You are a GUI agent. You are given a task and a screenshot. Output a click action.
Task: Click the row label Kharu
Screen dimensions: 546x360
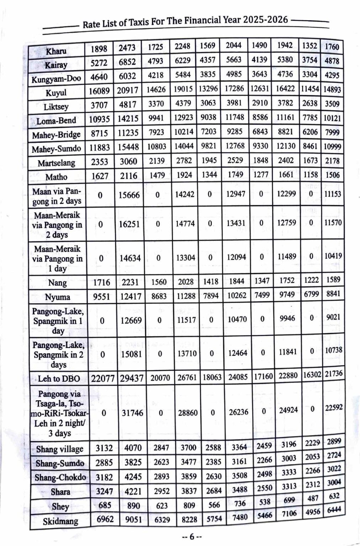pyautogui.click(x=56, y=50)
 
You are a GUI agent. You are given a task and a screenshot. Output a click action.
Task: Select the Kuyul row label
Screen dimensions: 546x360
pyautogui.click(x=56, y=93)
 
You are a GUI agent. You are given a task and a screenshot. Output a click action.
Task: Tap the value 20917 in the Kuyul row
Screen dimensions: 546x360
pyautogui.click(x=127, y=90)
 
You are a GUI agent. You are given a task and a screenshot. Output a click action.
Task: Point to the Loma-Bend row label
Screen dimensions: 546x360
pyautogui.click(x=56, y=121)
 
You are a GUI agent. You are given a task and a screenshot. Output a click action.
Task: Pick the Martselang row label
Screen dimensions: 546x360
pyautogui.click(x=57, y=163)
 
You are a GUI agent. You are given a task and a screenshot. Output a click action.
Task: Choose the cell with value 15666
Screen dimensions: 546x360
pyautogui.click(x=129, y=195)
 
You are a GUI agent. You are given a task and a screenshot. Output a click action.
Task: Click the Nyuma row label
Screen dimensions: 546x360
pyautogui.click(x=57, y=297)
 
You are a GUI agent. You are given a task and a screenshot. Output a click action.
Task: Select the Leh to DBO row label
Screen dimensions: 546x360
pyautogui.click(x=59, y=379)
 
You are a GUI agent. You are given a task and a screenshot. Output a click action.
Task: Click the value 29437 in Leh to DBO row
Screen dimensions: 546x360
pyautogui.click(x=131, y=378)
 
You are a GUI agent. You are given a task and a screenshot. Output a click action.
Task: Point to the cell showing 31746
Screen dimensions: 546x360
pyautogui.click(x=132, y=413)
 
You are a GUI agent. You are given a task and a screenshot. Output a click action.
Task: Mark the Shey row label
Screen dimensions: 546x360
pyautogui.click(x=60, y=506)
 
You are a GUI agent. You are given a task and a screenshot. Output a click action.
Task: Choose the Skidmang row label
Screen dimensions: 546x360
pyautogui.click(x=60, y=521)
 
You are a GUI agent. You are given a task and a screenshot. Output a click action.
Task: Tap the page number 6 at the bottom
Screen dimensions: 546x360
pyautogui.click(x=191, y=537)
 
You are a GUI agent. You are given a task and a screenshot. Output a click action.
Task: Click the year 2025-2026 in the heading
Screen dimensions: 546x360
pyautogui.click(x=266, y=20)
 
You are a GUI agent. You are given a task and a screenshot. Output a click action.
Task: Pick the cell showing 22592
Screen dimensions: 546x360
pyautogui.click(x=333, y=408)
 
